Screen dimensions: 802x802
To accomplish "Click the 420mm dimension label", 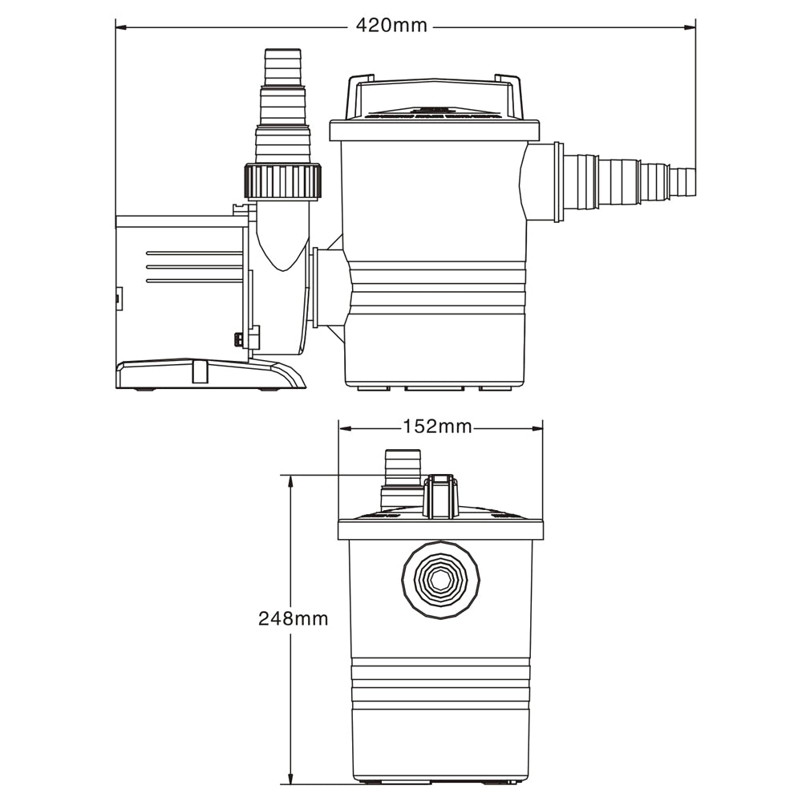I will click(x=391, y=26).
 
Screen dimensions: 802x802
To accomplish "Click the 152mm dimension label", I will click(x=437, y=427).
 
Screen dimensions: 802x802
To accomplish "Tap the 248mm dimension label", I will click(x=293, y=618).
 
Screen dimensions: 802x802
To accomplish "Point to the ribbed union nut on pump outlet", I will click(x=283, y=181).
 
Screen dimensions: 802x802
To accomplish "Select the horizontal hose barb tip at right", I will click(x=683, y=181).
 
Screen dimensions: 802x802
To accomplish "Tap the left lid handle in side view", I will click(x=358, y=95).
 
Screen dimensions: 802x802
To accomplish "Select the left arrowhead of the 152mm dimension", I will click(x=344, y=427).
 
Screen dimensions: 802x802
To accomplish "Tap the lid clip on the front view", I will click(x=440, y=496).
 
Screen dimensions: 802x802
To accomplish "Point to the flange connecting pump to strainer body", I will click(x=329, y=286).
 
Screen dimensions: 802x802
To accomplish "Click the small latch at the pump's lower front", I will click(x=239, y=339).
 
